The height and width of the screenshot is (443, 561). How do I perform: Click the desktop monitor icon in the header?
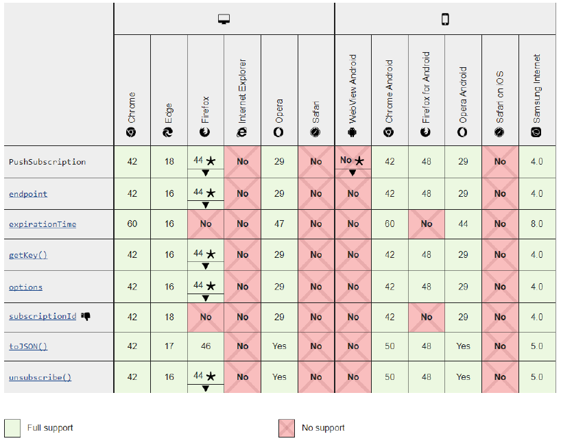[x=224, y=19]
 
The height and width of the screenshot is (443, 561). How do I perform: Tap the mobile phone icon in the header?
[x=445, y=19]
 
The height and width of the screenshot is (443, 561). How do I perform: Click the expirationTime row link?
[x=43, y=224]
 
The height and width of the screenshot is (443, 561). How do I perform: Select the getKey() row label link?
[x=28, y=254]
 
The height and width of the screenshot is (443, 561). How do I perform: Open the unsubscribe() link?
[x=40, y=377]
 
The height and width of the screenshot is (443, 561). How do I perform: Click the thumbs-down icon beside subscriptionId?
[x=86, y=316]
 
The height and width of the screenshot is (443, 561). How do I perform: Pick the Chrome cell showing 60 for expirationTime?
[x=132, y=224]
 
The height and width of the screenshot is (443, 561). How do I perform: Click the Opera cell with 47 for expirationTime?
[x=279, y=224]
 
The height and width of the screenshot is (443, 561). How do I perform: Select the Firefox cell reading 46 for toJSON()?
[x=206, y=346]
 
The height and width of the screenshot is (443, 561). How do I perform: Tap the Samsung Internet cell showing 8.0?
[x=536, y=224]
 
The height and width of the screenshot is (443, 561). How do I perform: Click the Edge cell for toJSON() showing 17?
[x=169, y=346]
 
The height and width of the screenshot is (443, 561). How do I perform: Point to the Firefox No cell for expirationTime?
[x=206, y=224]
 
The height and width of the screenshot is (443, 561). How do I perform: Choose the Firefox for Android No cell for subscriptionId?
[x=427, y=317]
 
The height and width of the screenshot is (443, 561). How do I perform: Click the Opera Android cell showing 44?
[x=464, y=224]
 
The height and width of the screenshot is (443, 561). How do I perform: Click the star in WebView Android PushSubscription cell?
[x=359, y=160]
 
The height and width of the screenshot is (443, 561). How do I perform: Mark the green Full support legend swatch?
[x=13, y=428]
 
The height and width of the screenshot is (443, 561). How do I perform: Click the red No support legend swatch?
[x=287, y=428]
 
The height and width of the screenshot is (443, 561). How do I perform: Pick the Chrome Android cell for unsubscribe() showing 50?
[x=390, y=377]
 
